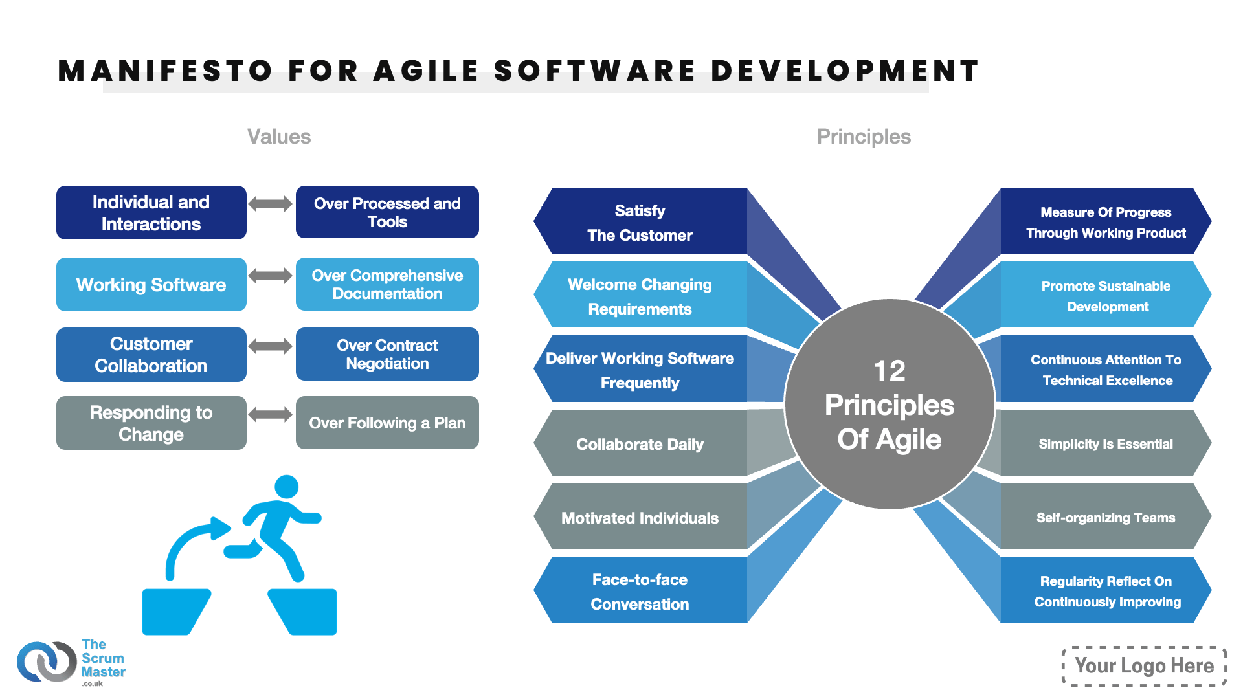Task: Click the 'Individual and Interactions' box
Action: tap(151, 213)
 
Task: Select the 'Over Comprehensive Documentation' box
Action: tap(387, 284)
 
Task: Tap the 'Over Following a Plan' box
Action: tap(387, 423)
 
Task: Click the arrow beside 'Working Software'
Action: tap(271, 276)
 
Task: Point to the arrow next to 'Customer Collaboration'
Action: tap(271, 346)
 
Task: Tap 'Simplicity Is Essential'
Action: tap(1106, 443)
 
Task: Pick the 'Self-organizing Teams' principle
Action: tap(1106, 517)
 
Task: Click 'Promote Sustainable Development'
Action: tap(1106, 296)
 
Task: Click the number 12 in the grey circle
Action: tap(890, 371)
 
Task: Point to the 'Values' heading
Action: tap(279, 137)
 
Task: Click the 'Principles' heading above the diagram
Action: tap(864, 137)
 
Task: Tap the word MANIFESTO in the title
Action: tap(165, 71)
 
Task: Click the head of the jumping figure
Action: tap(286, 487)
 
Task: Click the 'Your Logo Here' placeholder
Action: tap(1145, 665)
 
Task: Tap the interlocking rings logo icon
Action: tap(47, 661)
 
